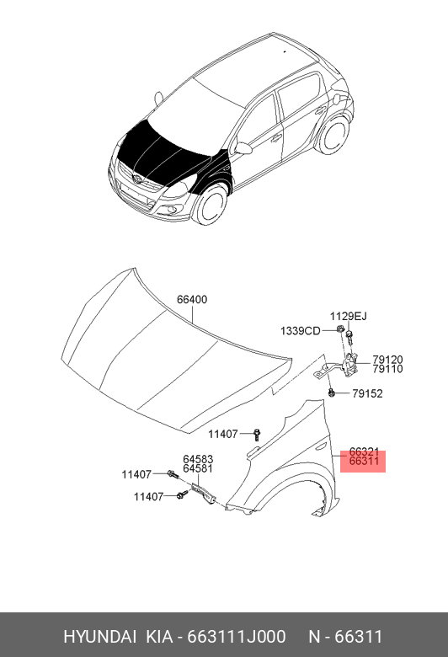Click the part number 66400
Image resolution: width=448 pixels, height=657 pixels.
192,300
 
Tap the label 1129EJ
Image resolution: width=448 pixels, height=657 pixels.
349,317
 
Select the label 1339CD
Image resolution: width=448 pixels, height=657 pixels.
300,331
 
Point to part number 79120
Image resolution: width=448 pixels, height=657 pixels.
387,360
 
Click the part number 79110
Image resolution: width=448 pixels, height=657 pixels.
387,369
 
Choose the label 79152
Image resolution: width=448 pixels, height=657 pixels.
367,393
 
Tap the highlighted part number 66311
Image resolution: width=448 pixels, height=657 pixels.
364,461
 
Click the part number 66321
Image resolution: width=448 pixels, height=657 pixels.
364,451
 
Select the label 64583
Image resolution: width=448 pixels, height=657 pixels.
198,459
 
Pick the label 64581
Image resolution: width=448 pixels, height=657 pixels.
198,468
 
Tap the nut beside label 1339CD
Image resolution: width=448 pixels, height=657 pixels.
339,329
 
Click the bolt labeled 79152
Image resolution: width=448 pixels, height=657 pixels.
332,393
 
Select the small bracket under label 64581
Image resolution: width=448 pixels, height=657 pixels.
204,494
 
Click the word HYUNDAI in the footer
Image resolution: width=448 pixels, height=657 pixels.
99,637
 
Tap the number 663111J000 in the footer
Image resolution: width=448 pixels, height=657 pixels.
236,637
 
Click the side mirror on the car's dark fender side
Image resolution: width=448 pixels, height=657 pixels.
243,148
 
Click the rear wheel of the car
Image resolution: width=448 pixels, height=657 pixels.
333,134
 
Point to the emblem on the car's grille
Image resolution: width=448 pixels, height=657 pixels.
136,179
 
